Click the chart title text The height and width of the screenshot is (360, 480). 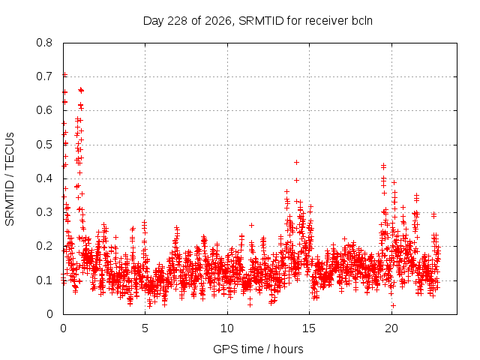tap(258, 21)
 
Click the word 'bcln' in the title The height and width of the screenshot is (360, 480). tap(361, 21)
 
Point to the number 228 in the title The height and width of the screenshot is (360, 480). tap(178, 21)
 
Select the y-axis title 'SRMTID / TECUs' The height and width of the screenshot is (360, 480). tap(10, 179)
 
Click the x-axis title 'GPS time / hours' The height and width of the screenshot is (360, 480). tap(258, 349)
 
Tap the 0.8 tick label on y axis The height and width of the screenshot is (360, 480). tap(44, 43)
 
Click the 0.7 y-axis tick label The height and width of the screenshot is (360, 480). tap(44, 76)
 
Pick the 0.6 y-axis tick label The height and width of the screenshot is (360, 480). tap(44, 110)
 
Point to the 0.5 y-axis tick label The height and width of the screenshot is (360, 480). tap(44, 145)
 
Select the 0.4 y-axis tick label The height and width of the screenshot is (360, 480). tap(44, 178)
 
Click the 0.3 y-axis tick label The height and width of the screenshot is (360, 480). tap(44, 212)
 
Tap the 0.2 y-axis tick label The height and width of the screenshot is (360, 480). tap(44, 246)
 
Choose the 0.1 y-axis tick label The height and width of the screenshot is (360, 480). tap(44, 280)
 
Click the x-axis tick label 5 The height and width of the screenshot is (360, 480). tap(145, 328)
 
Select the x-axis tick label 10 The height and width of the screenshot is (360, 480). tap(227, 328)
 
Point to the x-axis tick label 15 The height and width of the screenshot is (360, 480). tap(309, 328)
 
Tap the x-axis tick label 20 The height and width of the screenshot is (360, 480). tap(391, 328)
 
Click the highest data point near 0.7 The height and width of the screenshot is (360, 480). tap(65, 75)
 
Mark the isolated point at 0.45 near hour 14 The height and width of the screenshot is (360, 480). tap(296, 162)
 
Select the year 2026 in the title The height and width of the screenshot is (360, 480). tap(217, 21)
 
